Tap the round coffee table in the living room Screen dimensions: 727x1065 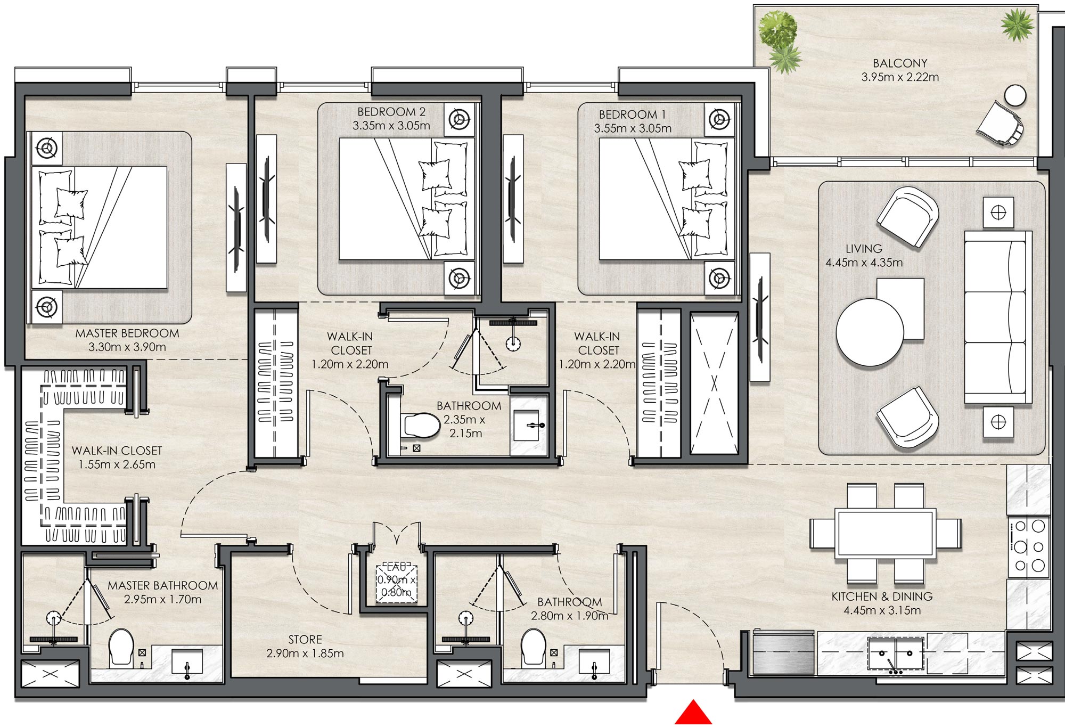869,332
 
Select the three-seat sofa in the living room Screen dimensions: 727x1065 996,317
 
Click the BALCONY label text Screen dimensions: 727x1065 900,63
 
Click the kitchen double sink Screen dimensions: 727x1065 895,653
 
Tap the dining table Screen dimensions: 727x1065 886,534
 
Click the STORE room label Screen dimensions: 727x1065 305,639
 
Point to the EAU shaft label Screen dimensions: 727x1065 397,567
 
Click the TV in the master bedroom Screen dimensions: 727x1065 236,228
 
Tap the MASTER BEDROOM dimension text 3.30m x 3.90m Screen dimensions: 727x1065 127,347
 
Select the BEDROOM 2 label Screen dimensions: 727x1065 391,112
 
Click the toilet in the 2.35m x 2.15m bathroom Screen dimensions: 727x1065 421,425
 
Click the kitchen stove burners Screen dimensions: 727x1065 1029,546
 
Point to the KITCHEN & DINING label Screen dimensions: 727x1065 882,597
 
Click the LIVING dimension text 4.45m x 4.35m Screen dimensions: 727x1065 864,263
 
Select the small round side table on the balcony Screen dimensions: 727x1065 1015,96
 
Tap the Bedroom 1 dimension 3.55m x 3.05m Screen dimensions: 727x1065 633,128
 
